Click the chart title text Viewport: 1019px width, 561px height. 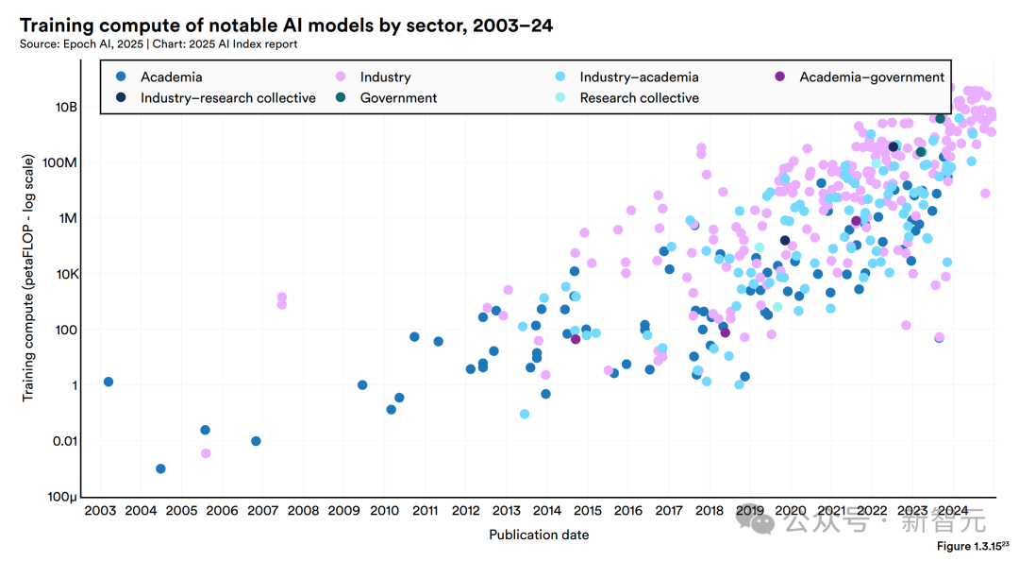click(286, 25)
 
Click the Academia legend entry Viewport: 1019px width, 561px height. click(171, 76)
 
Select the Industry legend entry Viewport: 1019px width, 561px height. click(385, 76)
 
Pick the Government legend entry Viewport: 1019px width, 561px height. click(398, 97)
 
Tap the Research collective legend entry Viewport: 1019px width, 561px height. click(639, 97)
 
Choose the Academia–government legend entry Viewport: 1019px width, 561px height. click(871, 76)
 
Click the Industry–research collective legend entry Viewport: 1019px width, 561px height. click(227, 97)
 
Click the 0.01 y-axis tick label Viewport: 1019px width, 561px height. click(61, 441)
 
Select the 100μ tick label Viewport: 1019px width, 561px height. click(61, 497)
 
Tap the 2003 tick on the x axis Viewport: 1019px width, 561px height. click(100, 511)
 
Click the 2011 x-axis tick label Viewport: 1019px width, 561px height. click(425, 511)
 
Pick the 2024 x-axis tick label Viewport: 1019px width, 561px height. click(953, 511)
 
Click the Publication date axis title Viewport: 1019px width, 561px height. click(539, 535)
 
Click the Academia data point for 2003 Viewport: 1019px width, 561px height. click(109, 382)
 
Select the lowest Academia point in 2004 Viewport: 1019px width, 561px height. click(160, 468)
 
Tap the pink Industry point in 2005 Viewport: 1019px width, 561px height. click(206, 453)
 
